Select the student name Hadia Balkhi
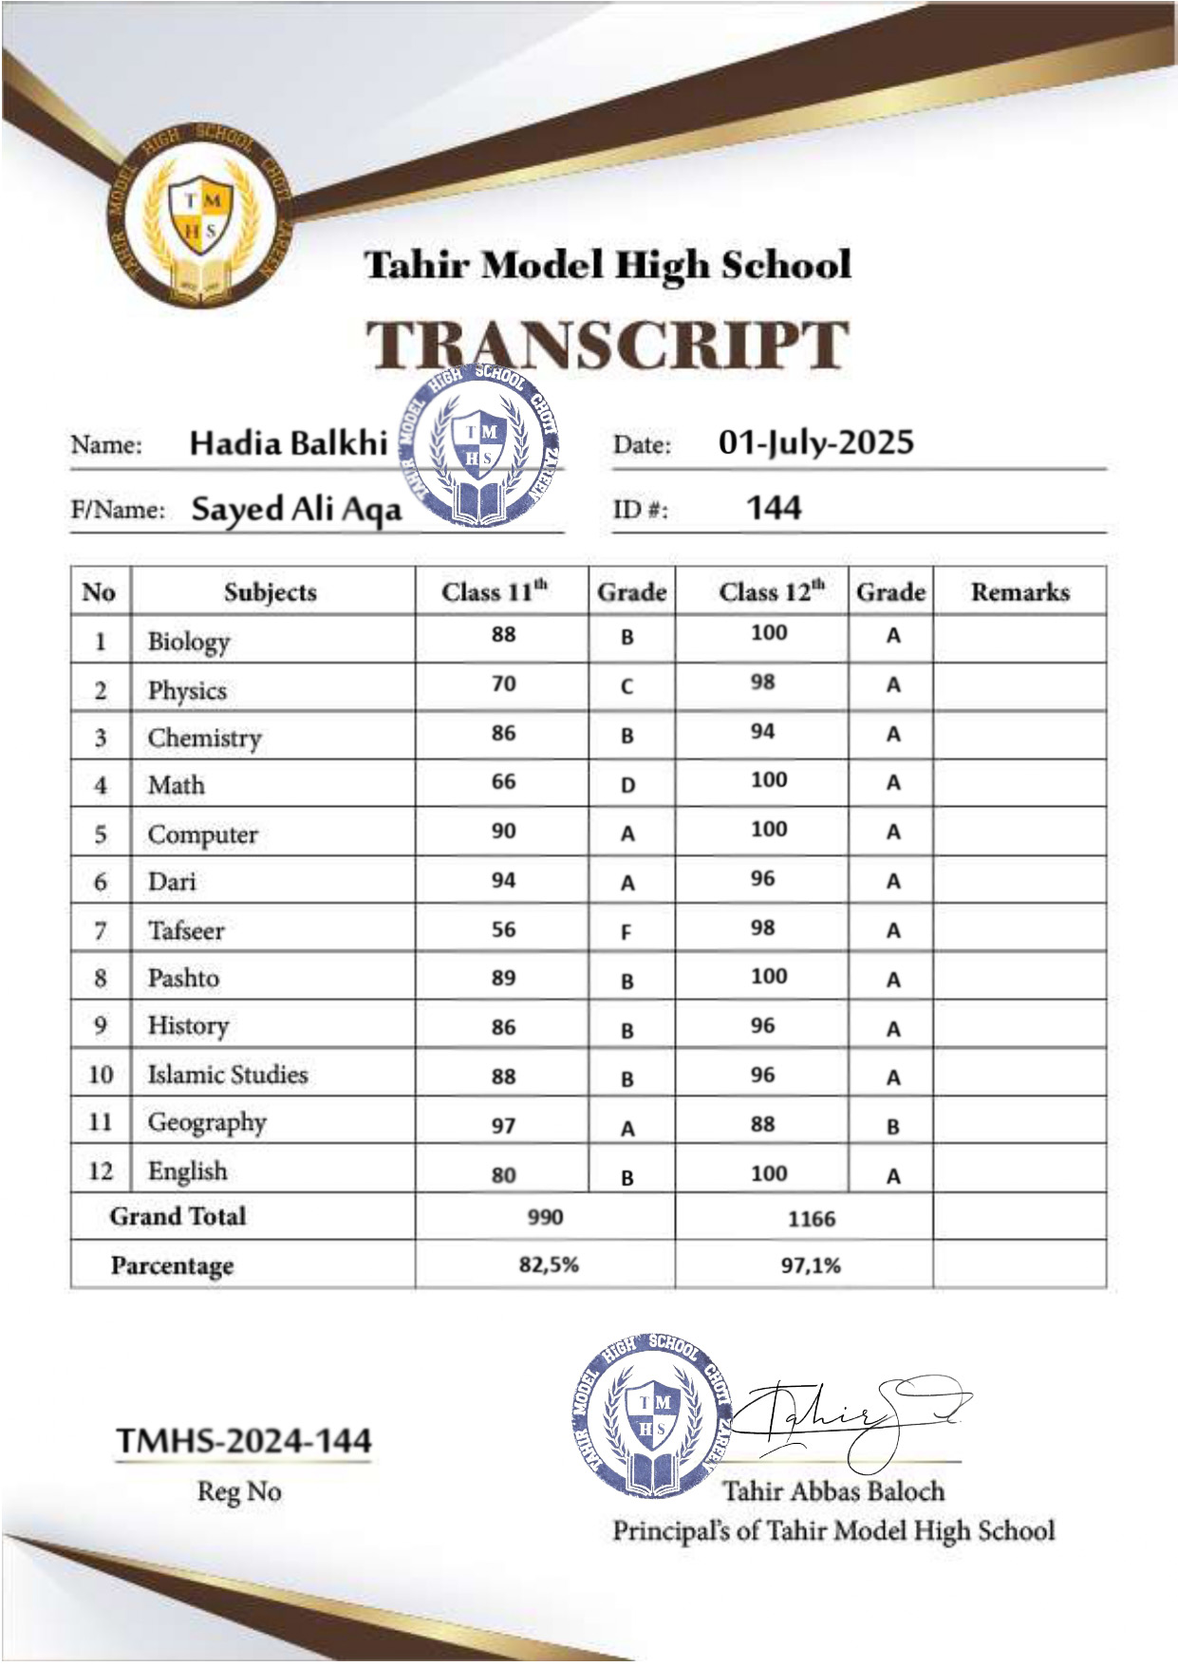pos(289,443)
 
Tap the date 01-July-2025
pos(815,442)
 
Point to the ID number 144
pos(774,508)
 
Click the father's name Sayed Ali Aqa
pos(296,510)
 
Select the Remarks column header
pos(1019,592)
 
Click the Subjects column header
pos(271,592)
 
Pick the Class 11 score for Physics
pos(503,683)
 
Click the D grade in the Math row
pos(627,785)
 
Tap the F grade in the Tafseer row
pos(626,932)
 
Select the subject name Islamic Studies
pos(228,1075)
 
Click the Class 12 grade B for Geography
pos(892,1127)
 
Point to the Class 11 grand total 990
pos(545,1217)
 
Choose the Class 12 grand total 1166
pos(811,1219)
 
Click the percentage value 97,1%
pos(811,1265)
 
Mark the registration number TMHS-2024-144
pos(243,1441)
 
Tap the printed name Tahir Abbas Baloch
pos(833,1491)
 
